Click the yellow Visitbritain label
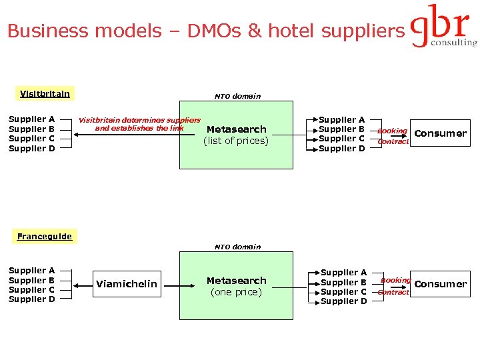point(45,94)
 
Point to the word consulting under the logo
point(454,42)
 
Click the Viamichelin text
point(127,284)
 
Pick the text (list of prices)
point(236,141)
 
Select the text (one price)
point(236,292)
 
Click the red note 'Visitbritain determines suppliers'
point(139,120)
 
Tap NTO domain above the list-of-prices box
point(237,97)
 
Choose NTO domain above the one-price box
point(237,247)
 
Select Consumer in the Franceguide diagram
point(440,284)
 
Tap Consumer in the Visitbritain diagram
point(440,133)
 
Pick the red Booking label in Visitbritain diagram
point(392,131)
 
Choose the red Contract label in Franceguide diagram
point(393,292)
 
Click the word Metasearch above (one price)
point(236,281)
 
